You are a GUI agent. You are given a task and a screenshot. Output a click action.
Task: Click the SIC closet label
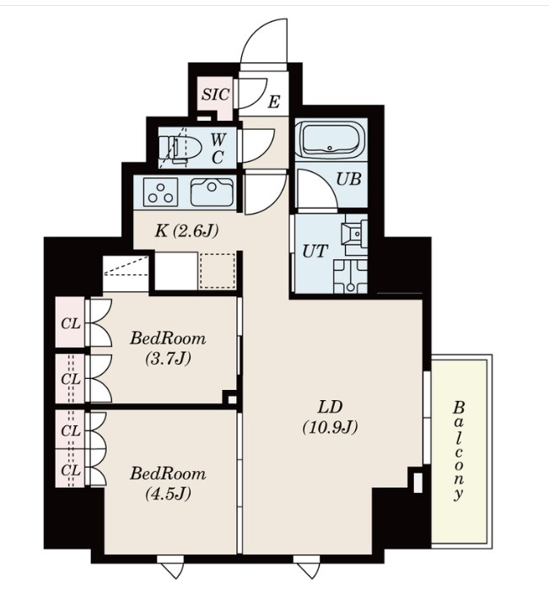tap(216, 95)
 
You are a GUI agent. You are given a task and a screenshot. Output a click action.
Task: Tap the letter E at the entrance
tap(274, 102)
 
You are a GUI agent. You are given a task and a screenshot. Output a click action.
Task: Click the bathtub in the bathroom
tap(331, 138)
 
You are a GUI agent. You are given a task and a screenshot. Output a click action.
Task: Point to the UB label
tap(348, 179)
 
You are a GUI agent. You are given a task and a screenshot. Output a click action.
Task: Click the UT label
tap(315, 252)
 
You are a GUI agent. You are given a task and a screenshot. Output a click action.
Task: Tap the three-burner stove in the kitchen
tap(161, 192)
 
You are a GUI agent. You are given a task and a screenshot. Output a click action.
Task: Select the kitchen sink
tap(212, 192)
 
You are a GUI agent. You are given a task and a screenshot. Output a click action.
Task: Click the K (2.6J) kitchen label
tap(186, 231)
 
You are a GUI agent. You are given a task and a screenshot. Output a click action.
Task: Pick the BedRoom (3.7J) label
tap(168, 348)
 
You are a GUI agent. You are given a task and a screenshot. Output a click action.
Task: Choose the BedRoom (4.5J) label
tap(168, 484)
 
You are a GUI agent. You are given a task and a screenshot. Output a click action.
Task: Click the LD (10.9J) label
tap(330, 417)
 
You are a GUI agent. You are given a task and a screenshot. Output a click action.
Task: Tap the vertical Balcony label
tap(458, 451)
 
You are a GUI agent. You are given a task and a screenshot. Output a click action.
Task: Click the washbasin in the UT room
tap(355, 234)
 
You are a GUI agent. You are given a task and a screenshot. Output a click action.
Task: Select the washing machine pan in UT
tap(350, 277)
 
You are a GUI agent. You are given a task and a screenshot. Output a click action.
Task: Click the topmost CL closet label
tap(71, 324)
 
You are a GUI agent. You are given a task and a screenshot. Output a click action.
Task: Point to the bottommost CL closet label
tap(71, 469)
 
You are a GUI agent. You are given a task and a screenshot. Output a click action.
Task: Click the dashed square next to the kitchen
tap(217, 271)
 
